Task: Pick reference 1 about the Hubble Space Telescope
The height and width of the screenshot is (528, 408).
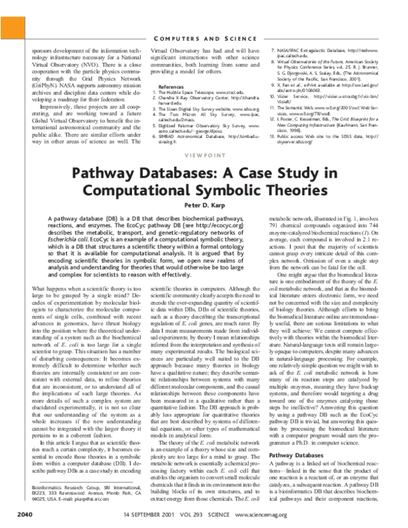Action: tap(197, 94)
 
